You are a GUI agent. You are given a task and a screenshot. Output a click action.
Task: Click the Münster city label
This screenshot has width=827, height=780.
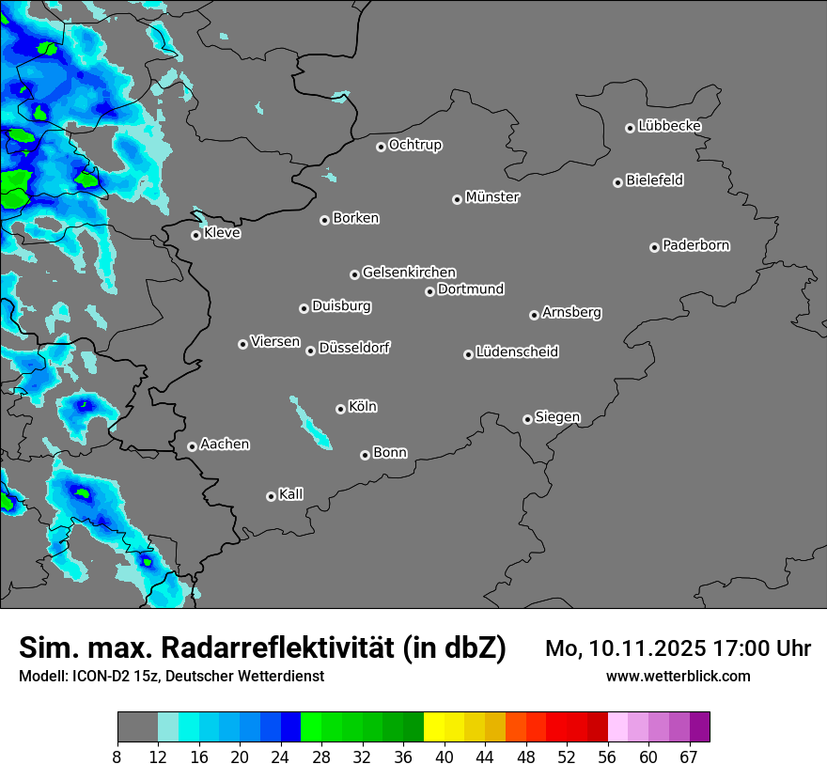coord(492,197)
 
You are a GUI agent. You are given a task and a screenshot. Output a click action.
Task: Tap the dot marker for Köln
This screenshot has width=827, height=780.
coord(340,409)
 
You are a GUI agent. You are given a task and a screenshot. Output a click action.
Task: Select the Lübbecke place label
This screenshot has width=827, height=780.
coord(669,126)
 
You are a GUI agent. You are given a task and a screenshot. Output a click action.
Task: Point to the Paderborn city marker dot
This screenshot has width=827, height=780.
coord(654,247)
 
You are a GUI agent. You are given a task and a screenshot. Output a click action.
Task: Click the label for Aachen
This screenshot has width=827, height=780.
coord(225,445)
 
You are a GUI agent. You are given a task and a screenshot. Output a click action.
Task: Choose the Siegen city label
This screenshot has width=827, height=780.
coord(557,417)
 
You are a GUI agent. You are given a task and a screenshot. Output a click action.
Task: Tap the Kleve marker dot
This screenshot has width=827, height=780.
coord(195,235)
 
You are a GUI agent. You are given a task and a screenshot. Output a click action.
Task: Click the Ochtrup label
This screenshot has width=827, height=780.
coord(414,145)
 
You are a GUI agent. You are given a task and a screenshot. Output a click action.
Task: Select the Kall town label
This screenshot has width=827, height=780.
coord(291,494)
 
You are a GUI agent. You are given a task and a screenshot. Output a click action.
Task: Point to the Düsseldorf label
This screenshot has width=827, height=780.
coord(354,348)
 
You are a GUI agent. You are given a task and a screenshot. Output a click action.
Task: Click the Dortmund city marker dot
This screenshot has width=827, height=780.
coord(429,291)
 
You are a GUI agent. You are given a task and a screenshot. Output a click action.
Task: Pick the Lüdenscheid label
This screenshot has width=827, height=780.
coord(517,352)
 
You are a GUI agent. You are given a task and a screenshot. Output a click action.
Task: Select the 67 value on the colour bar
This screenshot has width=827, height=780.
coord(689,757)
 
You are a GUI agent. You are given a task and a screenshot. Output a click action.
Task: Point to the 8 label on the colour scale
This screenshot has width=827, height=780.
coord(117,757)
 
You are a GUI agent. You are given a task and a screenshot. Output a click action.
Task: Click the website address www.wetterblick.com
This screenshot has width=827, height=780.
coord(678,677)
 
